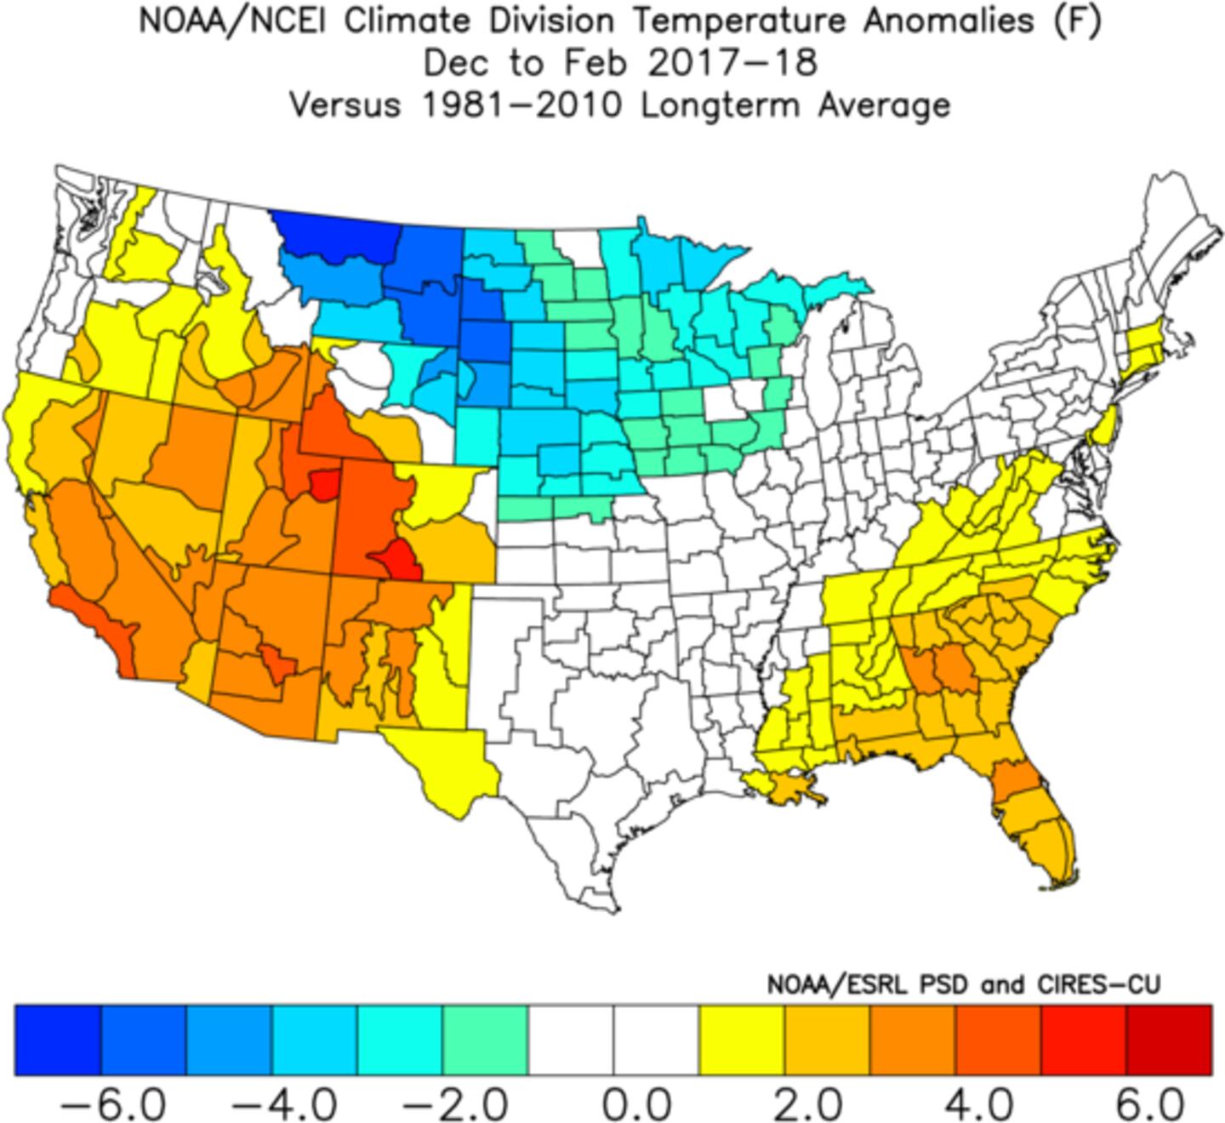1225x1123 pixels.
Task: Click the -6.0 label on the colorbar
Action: click(x=113, y=1105)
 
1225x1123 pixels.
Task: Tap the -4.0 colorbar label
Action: click(x=284, y=1105)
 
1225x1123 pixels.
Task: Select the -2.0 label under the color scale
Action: click(x=455, y=1105)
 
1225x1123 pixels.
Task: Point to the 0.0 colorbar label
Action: click(x=636, y=1105)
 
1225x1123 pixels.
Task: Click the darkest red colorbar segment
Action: click(x=1169, y=1040)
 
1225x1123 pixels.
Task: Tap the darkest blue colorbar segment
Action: click(x=58, y=1040)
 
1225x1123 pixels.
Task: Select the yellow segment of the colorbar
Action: click(x=741, y=1040)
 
